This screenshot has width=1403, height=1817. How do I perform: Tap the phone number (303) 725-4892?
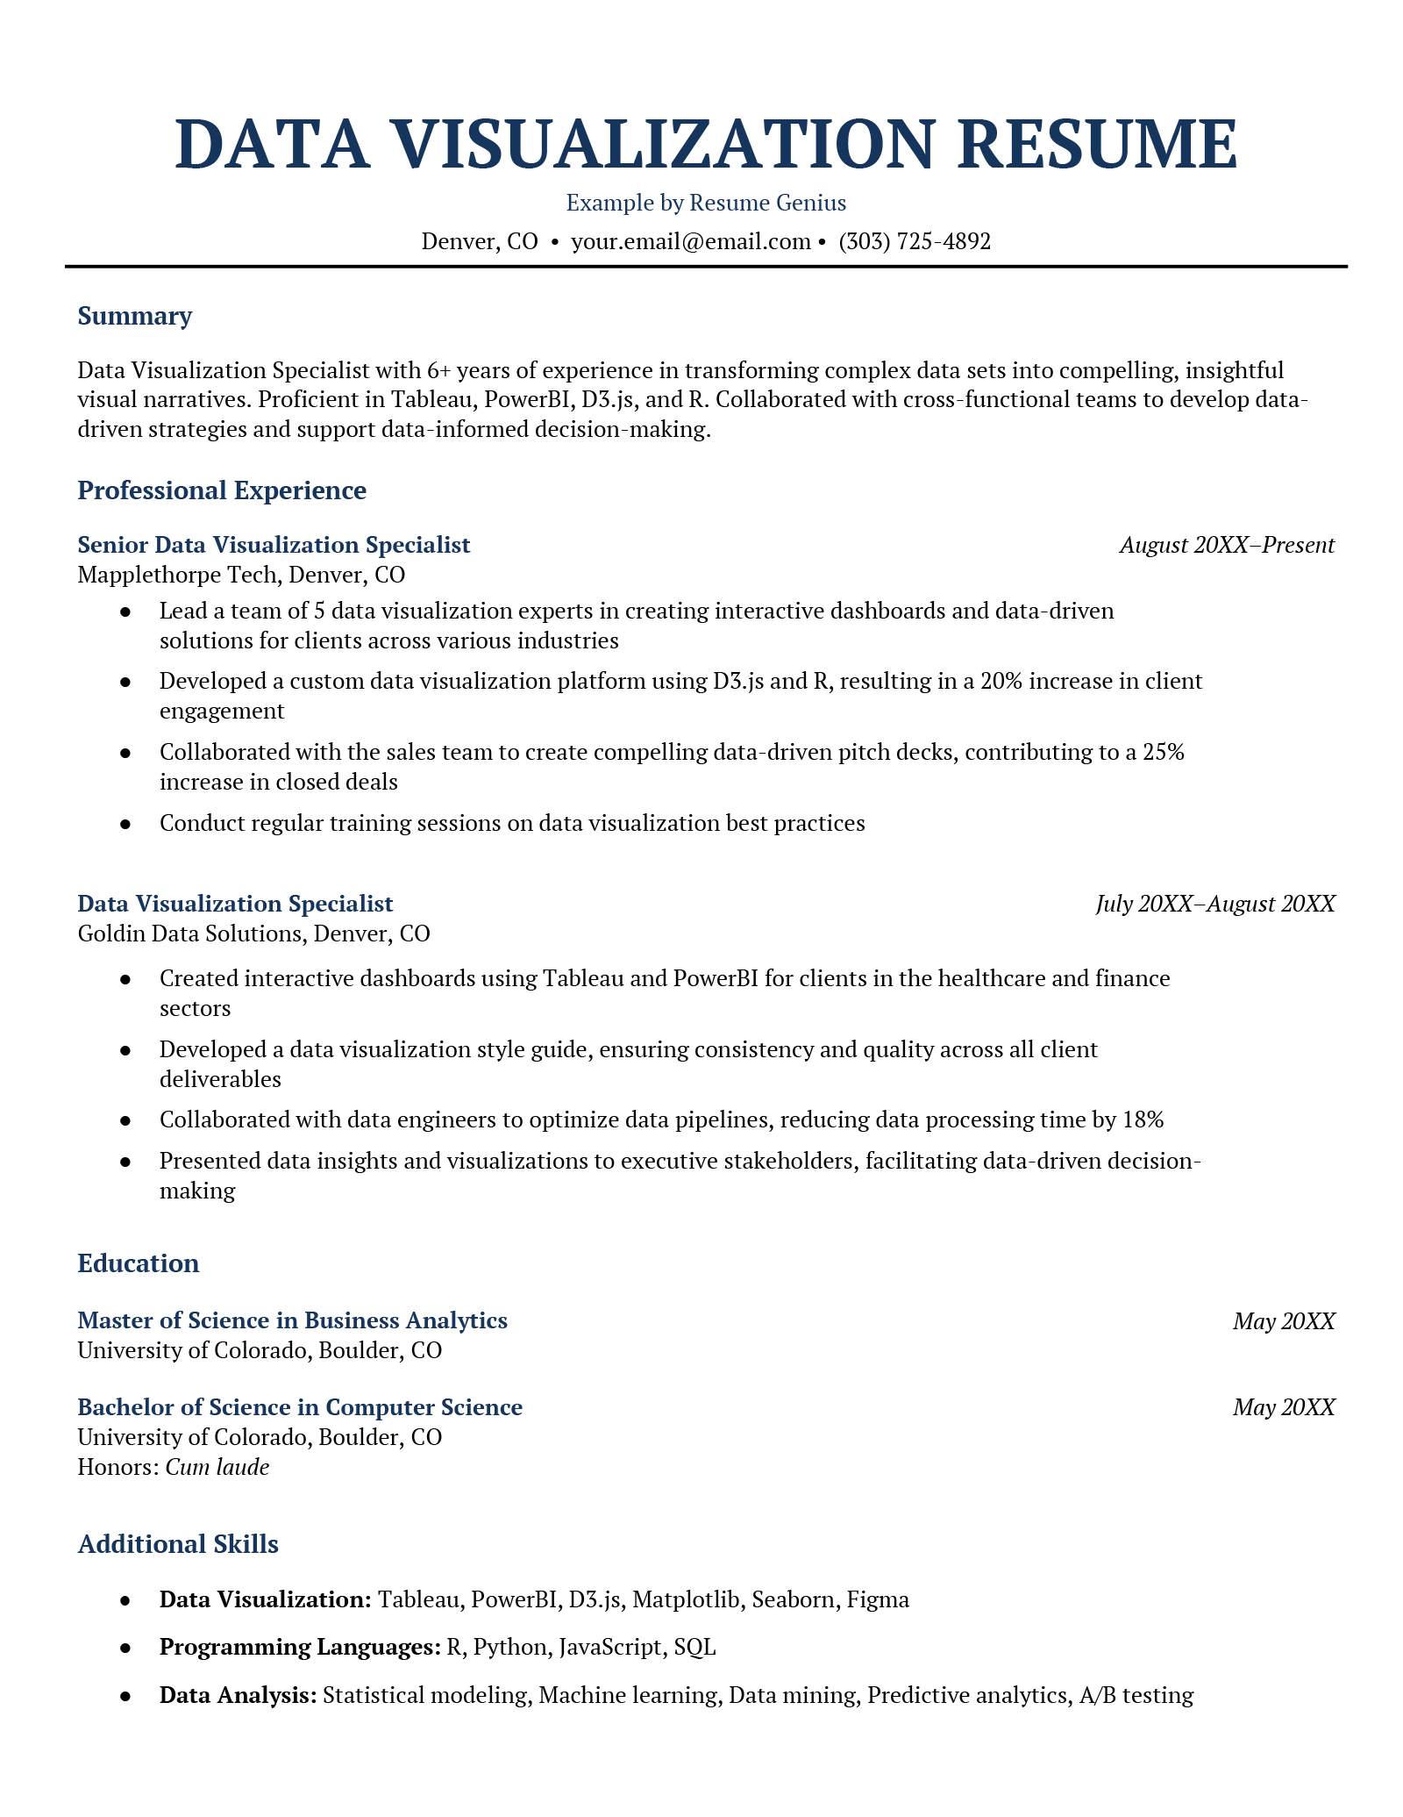[915, 241]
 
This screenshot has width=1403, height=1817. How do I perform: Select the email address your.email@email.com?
[690, 241]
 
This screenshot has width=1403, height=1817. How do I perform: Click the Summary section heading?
[134, 316]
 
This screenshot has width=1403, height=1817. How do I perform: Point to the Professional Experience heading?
[222, 490]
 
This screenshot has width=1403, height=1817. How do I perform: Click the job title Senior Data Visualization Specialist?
[274, 545]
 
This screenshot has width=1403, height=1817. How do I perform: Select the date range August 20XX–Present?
[1227, 545]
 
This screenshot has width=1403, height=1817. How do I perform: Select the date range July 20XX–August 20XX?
[1214, 904]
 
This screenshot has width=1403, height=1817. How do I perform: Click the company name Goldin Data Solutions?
[189, 934]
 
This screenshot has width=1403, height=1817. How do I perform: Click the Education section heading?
[139, 1263]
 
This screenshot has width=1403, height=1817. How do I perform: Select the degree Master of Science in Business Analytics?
[292, 1320]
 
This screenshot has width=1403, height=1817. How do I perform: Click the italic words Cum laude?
[217, 1467]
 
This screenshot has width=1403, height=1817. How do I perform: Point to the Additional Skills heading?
[178, 1544]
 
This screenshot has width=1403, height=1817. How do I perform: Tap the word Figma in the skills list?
[878, 1599]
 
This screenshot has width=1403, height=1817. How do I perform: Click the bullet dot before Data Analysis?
[125, 1695]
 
